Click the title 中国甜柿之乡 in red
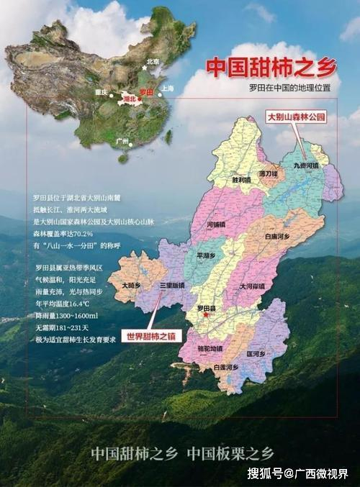tap(271, 67)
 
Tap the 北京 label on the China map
tap(152, 62)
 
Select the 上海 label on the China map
tap(168, 88)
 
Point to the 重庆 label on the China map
tap(100, 92)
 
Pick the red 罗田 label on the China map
tap(146, 93)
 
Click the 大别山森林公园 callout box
tap(297, 116)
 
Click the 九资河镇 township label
tap(305, 165)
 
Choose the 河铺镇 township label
tap(216, 224)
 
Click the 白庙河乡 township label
tap(276, 236)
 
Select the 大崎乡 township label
tap(131, 286)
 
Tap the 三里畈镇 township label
tap(173, 285)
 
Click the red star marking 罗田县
tap(206, 314)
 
